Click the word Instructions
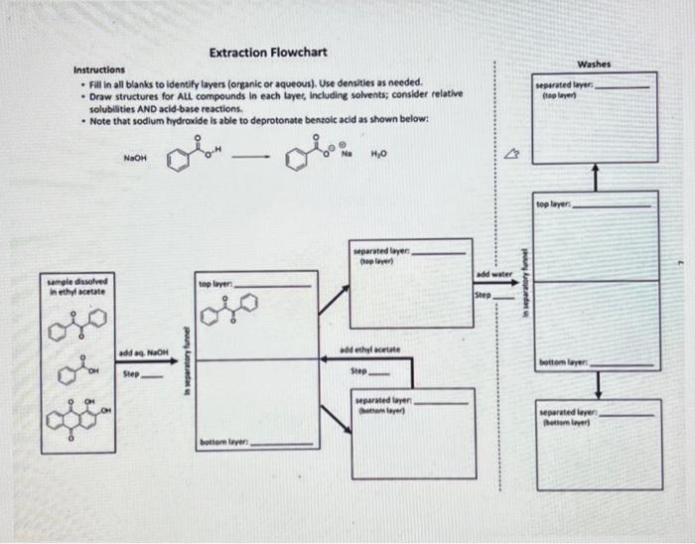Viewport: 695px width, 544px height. (99, 70)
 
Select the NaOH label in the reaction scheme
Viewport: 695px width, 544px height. (134, 157)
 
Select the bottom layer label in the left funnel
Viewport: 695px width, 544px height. (220, 439)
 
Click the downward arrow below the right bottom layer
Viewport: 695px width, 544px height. (594, 381)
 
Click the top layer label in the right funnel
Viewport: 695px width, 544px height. (554, 204)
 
